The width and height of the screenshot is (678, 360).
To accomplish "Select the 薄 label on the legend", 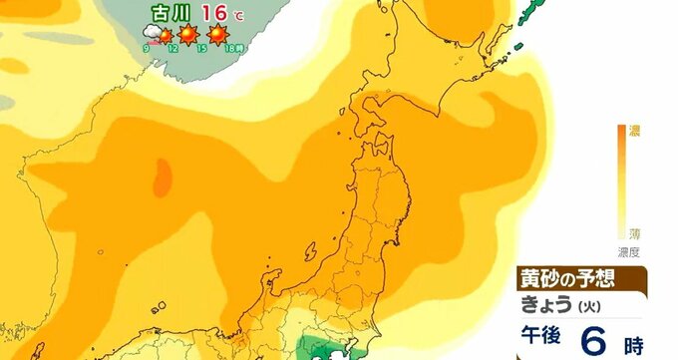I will click(x=634, y=232).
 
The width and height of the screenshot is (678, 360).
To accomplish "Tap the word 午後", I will click(x=547, y=338).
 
